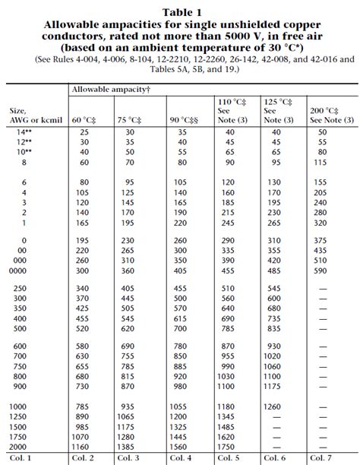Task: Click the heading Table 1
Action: point(180,11)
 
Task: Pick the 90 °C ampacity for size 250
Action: point(180,288)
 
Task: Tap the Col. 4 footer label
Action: point(180,459)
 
